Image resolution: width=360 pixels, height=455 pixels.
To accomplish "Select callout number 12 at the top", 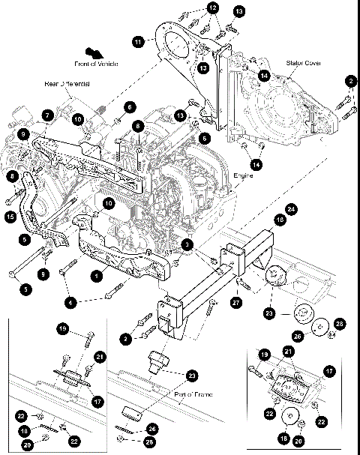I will [213, 7].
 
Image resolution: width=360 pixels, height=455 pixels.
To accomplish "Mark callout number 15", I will [10, 217].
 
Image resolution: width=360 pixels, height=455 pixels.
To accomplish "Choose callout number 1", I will [96, 276].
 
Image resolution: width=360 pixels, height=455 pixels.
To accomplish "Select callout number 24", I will [291, 208].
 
